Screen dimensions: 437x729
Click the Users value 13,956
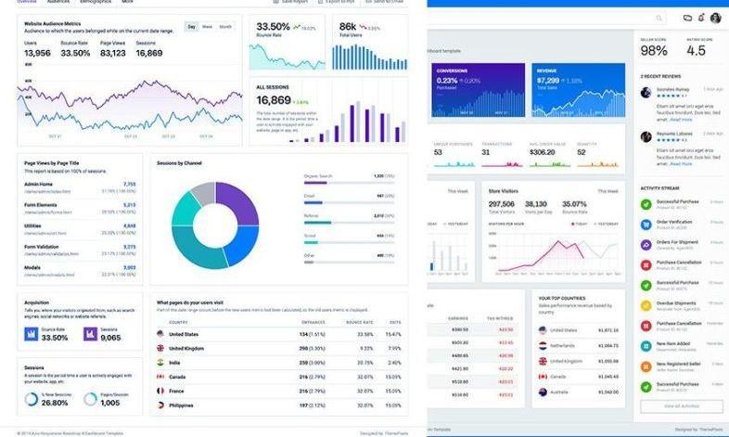pos(37,53)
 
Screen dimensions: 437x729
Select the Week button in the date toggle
pos(207,27)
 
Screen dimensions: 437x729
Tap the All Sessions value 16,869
pos(274,100)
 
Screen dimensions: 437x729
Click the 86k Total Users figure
pos(347,27)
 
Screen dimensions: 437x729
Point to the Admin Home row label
pos(39,184)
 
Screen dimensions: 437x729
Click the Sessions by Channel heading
pos(179,163)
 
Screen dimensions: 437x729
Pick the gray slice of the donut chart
pos(203,195)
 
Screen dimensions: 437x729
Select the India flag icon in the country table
pos(160,363)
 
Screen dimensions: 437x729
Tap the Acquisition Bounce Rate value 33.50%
pos(55,337)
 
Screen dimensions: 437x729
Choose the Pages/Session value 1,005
pos(109,402)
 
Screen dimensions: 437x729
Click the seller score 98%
pos(654,50)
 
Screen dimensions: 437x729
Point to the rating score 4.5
pos(697,50)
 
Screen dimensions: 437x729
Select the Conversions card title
pos(452,71)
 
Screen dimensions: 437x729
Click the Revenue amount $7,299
pos(547,81)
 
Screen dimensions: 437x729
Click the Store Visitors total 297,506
pos(501,204)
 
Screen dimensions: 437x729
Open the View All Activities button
pos(682,406)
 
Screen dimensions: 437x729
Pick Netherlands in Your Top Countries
pos(563,345)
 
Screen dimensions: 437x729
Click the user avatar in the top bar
pos(715,18)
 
